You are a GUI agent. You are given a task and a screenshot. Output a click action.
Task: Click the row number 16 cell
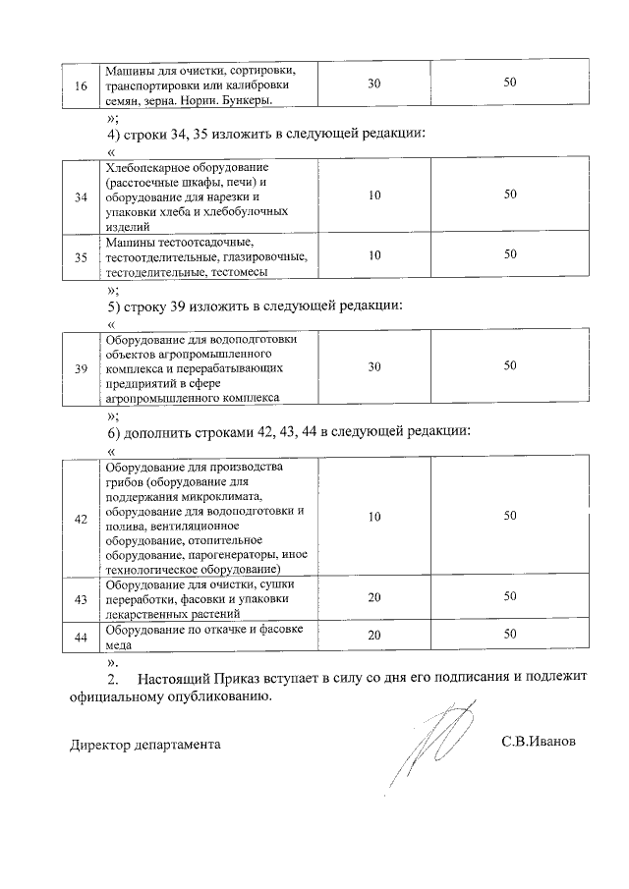click(80, 84)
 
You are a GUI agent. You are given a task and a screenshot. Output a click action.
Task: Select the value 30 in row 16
click(374, 84)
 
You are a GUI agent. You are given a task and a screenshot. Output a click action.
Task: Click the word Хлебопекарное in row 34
click(146, 167)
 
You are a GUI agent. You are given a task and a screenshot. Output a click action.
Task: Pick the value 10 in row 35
click(374, 255)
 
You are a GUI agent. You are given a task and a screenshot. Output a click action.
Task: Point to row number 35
click(80, 255)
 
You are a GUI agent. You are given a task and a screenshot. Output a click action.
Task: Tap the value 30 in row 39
click(374, 366)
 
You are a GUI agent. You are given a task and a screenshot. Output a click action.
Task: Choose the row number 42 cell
click(80, 517)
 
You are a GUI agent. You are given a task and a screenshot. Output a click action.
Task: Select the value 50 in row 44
click(510, 635)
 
